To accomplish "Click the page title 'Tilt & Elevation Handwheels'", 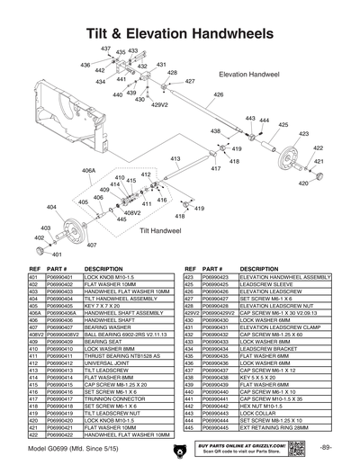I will (x=180, y=31).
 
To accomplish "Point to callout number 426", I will (x=217, y=94).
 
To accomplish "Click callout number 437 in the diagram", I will (x=105, y=48).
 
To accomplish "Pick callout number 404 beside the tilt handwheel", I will (x=51, y=207).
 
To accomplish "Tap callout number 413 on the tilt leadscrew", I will (x=176, y=158).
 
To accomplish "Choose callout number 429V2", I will (x=159, y=105).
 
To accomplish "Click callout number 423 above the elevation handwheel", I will (x=317, y=133).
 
